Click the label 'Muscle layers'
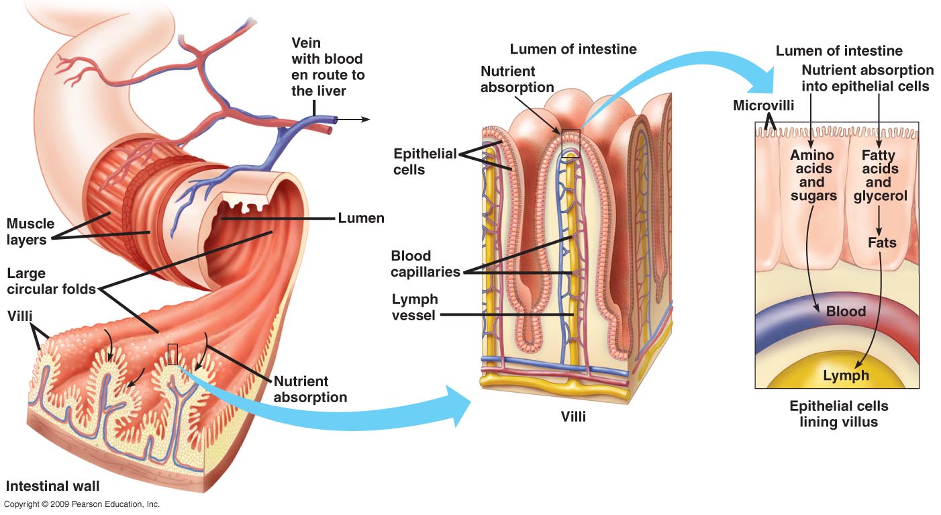(x=30, y=231)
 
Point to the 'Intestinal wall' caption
(x=53, y=485)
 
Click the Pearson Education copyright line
(x=81, y=504)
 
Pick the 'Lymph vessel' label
(x=414, y=306)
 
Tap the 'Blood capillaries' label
(x=425, y=264)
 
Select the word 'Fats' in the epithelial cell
(x=882, y=242)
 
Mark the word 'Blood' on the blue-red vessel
(x=846, y=312)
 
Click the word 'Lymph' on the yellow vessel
(x=846, y=375)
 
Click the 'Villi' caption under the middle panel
(x=573, y=416)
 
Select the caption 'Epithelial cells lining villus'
(x=838, y=414)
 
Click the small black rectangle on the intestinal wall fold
(x=172, y=354)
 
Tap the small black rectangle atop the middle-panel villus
(x=570, y=143)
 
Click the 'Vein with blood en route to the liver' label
(x=328, y=66)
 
